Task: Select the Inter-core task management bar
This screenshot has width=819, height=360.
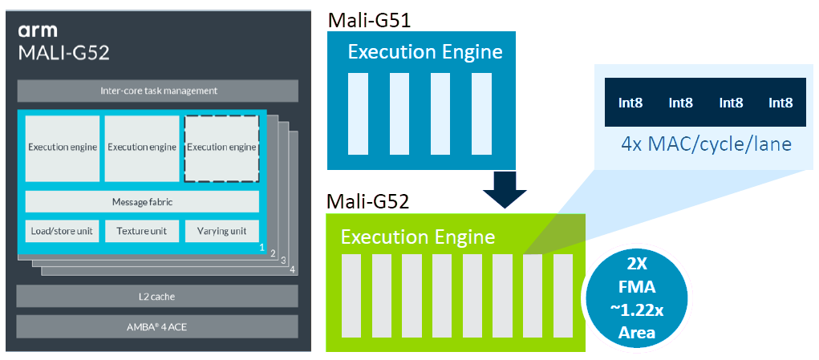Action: pos(158,91)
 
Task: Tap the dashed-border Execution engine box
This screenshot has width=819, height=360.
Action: pos(222,148)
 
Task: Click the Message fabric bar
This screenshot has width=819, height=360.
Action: pos(142,201)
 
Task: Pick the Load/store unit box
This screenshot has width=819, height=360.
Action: pos(62,231)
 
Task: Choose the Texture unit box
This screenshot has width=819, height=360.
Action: pos(142,231)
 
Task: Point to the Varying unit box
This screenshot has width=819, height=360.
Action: pos(222,231)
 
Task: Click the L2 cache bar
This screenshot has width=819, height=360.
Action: pos(158,297)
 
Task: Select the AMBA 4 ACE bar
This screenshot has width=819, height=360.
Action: pos(158,326)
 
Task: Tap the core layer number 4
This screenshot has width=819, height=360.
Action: pos(292,269)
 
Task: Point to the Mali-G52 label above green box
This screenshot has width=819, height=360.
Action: pos(367,200)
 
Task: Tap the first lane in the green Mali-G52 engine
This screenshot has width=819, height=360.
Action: pos(351,296)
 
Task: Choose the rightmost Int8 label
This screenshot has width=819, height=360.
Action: pos(780,103)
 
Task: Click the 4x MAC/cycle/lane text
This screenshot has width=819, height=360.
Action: pos(706,145)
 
